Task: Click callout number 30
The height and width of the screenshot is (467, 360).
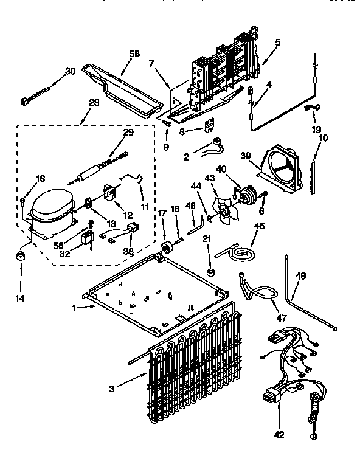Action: tap(70, 71)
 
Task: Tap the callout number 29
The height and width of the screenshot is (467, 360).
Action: tap(128, 133)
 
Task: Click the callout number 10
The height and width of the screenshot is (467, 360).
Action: tap(324, 138)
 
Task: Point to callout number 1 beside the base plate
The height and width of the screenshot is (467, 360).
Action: tap(75, 308)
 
